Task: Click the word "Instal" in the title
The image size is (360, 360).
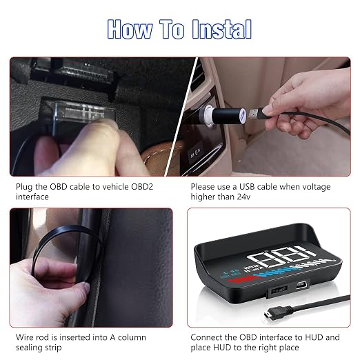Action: [x=221, y=29]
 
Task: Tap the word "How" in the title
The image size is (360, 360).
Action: [x=130, y=29]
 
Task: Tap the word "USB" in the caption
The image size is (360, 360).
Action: [x=247, y=187]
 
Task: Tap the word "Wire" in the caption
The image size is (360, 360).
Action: [x=24, y=337]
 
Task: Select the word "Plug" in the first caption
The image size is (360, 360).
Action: [x=24, y=187]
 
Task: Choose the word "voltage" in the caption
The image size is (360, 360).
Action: [x=316, y=187]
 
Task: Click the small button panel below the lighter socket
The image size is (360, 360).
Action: [x=196, y=153]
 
